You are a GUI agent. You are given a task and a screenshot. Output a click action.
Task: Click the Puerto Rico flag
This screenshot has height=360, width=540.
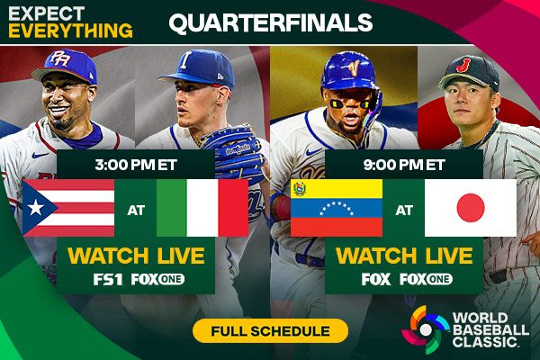(x=68, y=208)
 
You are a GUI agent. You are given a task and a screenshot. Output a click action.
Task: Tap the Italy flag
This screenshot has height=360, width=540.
(x=202, y=208)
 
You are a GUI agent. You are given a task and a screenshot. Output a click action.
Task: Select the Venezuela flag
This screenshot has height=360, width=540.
(x=337, y=208)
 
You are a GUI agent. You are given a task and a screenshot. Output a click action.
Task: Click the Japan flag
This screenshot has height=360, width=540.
(x=470, y=208)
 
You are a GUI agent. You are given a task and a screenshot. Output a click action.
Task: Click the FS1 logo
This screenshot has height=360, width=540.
(x=109, y=279)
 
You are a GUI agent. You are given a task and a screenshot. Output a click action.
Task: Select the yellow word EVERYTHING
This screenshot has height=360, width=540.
(x=67, y=30)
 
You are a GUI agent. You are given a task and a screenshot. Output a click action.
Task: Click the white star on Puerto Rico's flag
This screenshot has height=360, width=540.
(x=38, y=208)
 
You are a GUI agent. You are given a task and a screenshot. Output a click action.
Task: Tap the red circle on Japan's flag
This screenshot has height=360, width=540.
(x=470, y=208)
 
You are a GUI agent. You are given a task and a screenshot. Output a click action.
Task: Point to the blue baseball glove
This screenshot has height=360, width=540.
(x=232, y=148)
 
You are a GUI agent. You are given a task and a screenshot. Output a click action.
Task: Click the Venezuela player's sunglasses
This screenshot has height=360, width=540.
(x=344, y=101)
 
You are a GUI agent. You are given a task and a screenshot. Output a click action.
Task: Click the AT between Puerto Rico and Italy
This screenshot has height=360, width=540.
(x=135, y=209)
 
